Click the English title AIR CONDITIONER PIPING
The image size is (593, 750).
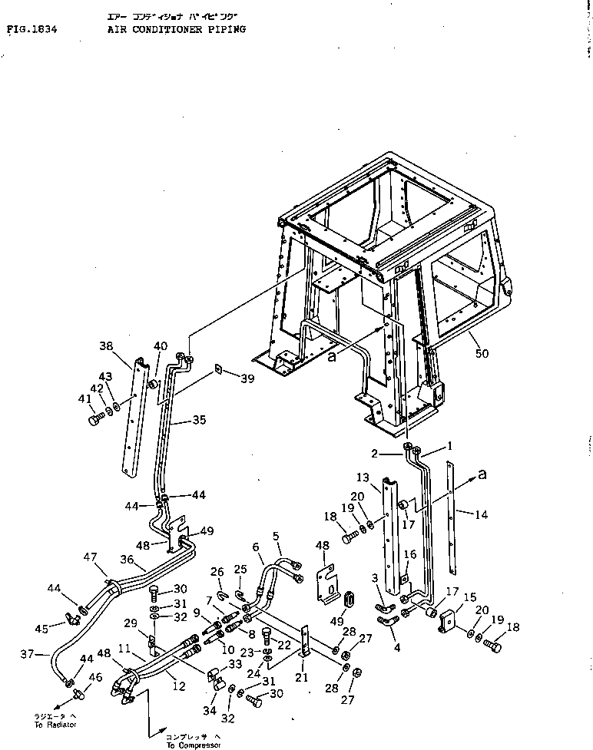tap(177, 29)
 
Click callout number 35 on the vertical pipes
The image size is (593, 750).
tap(199, 421)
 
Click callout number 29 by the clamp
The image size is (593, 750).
tap(131, 623)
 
